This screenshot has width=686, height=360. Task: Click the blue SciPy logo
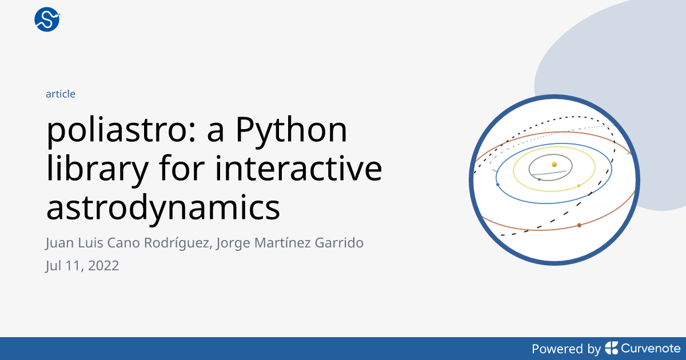[47, 19]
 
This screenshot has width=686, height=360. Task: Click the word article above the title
[61, 94]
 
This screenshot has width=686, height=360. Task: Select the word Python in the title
[291, 131]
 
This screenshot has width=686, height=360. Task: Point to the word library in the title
[97, 169]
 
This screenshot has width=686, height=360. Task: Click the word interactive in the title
[298, 169]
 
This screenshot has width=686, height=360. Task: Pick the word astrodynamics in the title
[163, 207]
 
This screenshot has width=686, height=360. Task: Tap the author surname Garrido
[339, 242]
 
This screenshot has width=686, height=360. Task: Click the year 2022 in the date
[103, 266]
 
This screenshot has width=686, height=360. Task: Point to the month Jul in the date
[54, 266]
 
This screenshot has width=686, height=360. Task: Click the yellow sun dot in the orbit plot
[555, 165]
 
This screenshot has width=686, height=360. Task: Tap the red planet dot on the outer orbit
[579, 225]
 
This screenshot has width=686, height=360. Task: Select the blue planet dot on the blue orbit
[498, 185]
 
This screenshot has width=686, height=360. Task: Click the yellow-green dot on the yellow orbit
[579, 186]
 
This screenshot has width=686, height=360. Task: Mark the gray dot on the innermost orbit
[539, 179]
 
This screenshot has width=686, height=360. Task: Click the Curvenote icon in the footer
[612, 348]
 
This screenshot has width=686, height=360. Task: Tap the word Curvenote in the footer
[651, 349]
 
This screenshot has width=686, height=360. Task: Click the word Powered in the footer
[557, 349]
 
